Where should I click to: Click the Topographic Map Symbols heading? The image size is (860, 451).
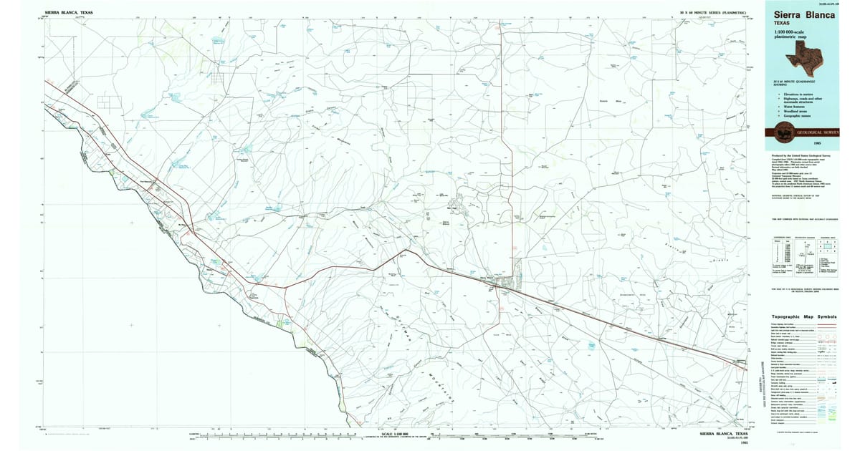[x=803, y=316]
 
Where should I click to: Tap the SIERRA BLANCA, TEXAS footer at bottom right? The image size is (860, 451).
[x=724, y=434]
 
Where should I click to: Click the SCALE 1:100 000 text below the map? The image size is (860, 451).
[x=396, y=434]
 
